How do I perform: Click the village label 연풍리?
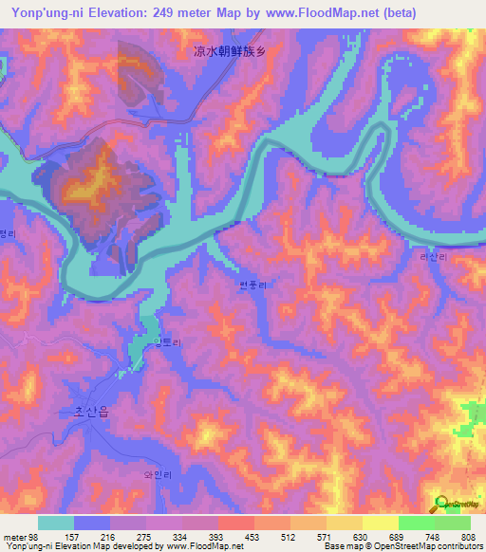[x=254, y=285]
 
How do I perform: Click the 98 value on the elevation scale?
[x=32, y=537]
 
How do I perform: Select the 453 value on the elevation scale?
[x=252, y=537]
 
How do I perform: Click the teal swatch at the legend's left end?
[x=56, y=523]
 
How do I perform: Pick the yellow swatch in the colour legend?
[x=380, y=523]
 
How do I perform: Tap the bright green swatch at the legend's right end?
[x=453, y=523]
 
